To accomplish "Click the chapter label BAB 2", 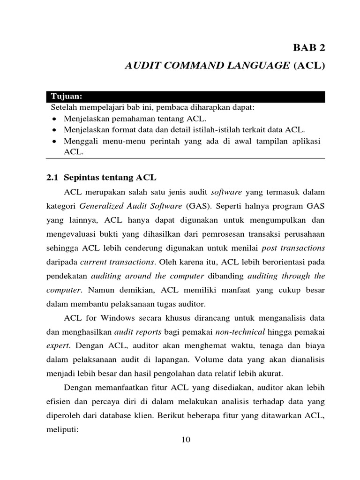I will pyautogui.click(x=308, y=48).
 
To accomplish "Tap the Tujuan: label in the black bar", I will pyautogui.click(x=66, y=97).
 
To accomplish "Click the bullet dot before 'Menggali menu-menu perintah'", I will pyautogui.click(x=55, y=141).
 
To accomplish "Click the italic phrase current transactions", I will pyautogui.click(x=118, y=261).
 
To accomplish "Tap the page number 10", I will pyautogui.click(x=186, y=439).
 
